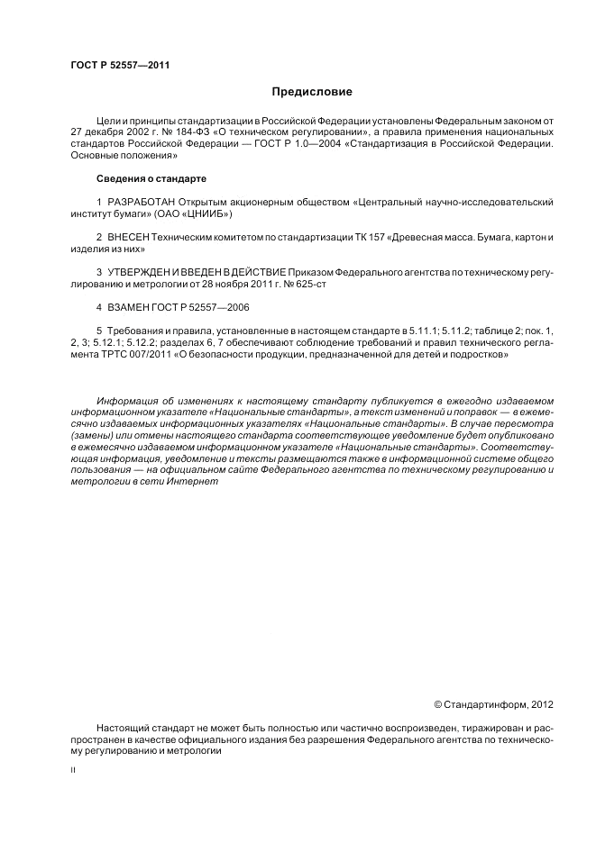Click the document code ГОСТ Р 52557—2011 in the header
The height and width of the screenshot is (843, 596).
[x=120, y=65]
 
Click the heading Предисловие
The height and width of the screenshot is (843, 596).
[x=312, y=92]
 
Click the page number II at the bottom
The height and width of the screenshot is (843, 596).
[x=72, y=772]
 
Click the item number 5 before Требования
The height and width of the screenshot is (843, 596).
[x=98, y=331]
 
